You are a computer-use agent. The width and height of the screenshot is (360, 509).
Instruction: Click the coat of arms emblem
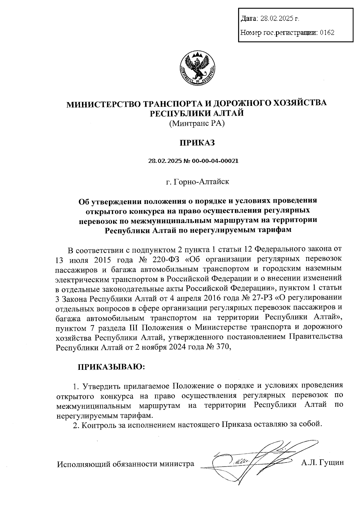click(196, 68)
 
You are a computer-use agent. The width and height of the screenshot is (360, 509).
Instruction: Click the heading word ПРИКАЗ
click(197, 142)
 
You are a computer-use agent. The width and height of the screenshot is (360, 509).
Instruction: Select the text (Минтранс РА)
click(197, 123)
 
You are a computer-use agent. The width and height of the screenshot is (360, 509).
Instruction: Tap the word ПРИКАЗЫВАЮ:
click(111, 367)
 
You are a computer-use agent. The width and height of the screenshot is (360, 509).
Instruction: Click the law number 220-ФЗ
click(161, 258)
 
